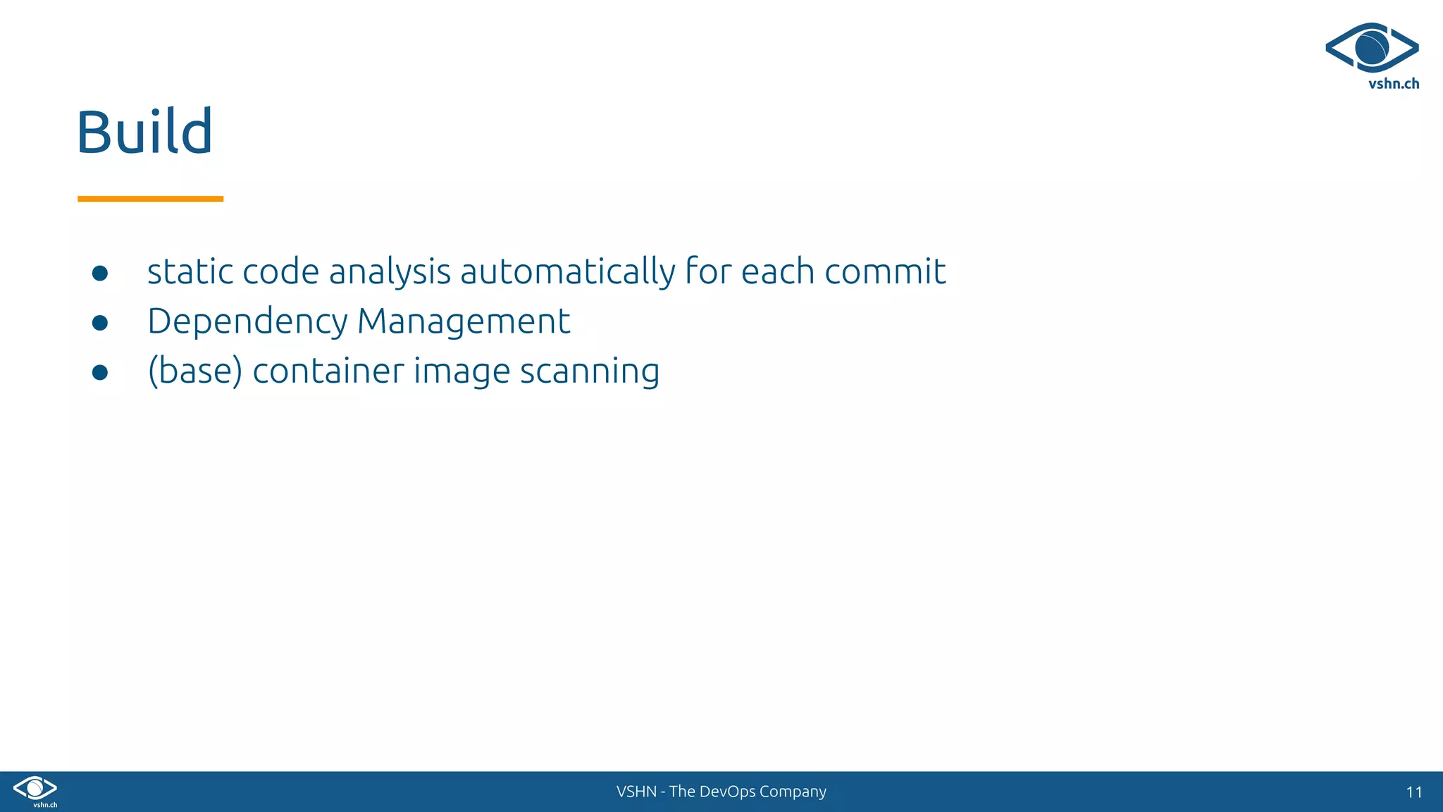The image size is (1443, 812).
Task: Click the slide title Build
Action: click(x=144, y=132)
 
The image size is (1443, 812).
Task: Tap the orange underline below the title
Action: click(x=150, y=199)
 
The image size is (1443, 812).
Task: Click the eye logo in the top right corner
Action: click(x=1371, y=47)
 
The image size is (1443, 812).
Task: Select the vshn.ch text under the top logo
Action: click(x=1393, y=84)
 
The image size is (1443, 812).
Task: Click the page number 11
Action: click(x=1413, y=792)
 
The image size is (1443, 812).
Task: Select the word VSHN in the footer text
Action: click(x=636, y=792)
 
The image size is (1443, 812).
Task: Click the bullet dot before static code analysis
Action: click(x=100, y=273)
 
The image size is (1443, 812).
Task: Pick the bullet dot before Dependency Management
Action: click(x=100, y=323)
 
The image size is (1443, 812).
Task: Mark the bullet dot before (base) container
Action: click(x=100, y=372)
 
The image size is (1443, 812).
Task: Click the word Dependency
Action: click(x=247, y=321)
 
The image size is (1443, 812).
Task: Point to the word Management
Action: click(x=463, y=321)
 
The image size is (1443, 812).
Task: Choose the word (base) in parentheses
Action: click(x=194, y=371)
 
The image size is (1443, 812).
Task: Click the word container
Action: click(x=328, y=371)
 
